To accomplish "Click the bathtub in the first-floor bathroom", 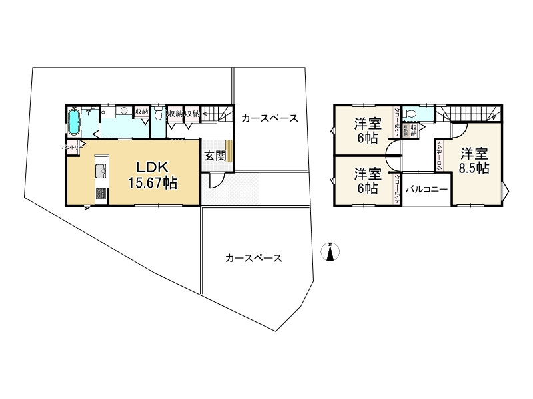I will pos(75,123).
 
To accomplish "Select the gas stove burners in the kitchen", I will pos(99,194).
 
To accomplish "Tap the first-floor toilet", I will pos(157,114).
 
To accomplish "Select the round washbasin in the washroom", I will pos(125,112).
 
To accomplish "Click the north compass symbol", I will pos(330,252).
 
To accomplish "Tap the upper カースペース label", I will pos(269,118).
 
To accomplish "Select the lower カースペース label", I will pos(253,257).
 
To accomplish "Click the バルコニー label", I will pos(425,188).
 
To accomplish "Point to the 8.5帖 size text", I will pos(474,168).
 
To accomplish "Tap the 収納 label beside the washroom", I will pos(141,112).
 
